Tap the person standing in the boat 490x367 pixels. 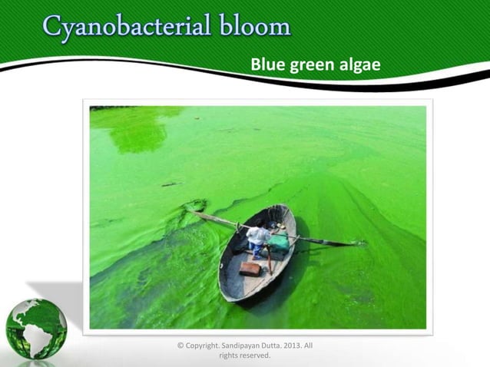258,242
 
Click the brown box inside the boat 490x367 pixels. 250,269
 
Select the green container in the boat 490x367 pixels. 279,243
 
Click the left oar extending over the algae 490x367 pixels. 211,219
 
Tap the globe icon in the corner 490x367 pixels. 36,329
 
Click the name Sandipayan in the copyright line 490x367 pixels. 231,346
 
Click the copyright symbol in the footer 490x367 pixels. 180,346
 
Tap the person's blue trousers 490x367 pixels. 256,250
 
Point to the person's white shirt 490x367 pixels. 259,235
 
